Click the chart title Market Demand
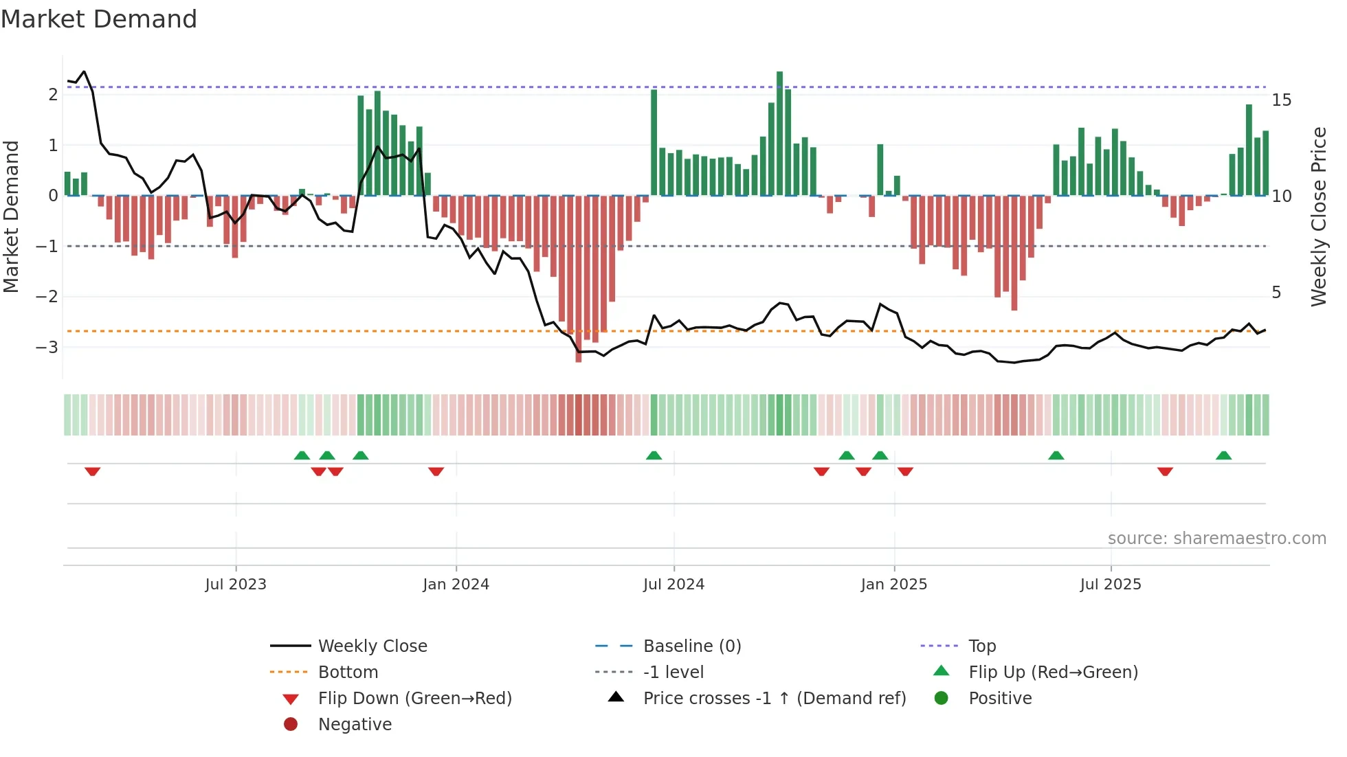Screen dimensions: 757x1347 (x=99, y=19)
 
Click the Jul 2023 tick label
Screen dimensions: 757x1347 (x=235, y=585)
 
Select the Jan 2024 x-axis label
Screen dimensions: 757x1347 (x=456, y=585)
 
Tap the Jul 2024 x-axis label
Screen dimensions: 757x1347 (x=673, y=585)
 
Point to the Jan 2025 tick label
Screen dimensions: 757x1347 (x=893, y=585)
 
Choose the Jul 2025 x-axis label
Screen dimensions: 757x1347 (x=1110, y=585)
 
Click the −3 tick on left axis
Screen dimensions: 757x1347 (x=47, y=347)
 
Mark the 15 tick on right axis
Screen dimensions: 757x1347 (x=1281, y=100)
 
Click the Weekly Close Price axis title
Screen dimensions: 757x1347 (x=1318, y=216)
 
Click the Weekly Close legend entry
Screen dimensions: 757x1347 (x=372, y=646)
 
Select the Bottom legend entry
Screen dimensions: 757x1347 (x=348, y=673)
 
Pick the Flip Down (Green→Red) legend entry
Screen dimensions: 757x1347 (x=414, y=699)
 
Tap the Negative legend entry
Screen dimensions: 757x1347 (x=355, y=725)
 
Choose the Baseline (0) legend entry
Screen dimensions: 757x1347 (x=691, y=646)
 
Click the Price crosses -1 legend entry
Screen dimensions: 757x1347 (x=774, y=699)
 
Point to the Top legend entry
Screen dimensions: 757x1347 (x=981, y=646)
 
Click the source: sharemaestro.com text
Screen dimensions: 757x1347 (x=1216, y=539)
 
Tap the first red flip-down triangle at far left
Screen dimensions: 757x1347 (x=93, y=471)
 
